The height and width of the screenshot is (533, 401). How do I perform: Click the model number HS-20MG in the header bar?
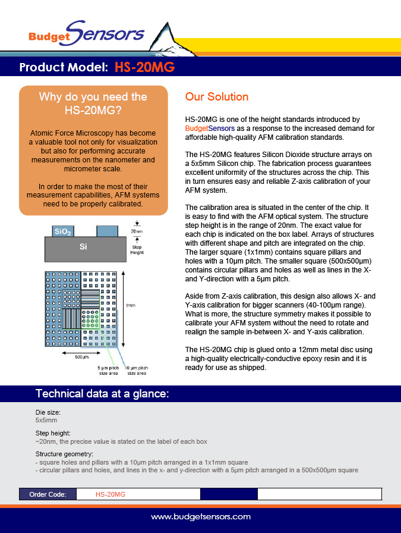point(144,67)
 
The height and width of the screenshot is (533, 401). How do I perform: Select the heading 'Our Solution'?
point(217,97)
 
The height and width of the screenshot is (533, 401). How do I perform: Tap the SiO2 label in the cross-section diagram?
point(63,231)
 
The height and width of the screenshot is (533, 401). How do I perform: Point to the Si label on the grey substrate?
point(84,247)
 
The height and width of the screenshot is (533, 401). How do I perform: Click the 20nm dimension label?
point(137,231)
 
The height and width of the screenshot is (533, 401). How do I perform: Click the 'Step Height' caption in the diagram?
point(137,250)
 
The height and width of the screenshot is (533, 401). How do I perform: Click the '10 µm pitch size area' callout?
point(137,371)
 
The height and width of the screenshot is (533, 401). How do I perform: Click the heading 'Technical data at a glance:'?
point(103,394)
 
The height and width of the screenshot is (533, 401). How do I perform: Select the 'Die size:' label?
point(49,412)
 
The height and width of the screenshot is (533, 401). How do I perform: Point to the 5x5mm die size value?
point(46,420)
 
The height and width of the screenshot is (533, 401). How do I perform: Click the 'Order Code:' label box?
point(48,494)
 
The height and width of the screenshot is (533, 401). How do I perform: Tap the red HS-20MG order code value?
point(110,494)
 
